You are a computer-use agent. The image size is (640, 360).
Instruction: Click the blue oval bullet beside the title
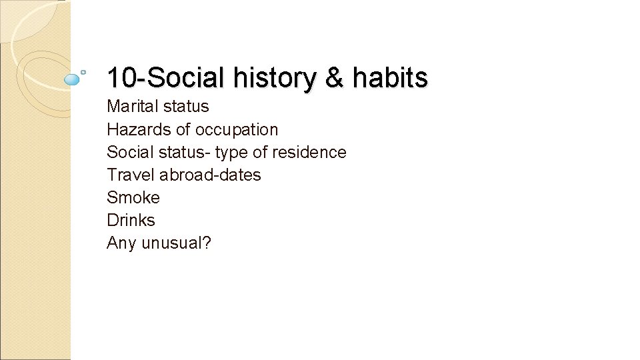(x=71, y=79)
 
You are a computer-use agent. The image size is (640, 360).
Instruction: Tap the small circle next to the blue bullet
(x=83, y=71)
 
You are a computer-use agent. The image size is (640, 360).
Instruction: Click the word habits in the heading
(x=390, y=78)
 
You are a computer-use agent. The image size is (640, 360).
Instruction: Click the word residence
(x=309, y=152)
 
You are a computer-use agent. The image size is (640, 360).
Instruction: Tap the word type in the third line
(x=231, y=153)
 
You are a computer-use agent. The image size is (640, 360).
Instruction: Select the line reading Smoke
(x=133, y=197)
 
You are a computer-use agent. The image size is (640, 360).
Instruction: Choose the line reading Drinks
(x=131, y=220)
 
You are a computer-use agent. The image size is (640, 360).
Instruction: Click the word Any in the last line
(x=121, y=243)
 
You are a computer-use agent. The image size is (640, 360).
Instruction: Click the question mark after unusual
(x=207, y=243)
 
